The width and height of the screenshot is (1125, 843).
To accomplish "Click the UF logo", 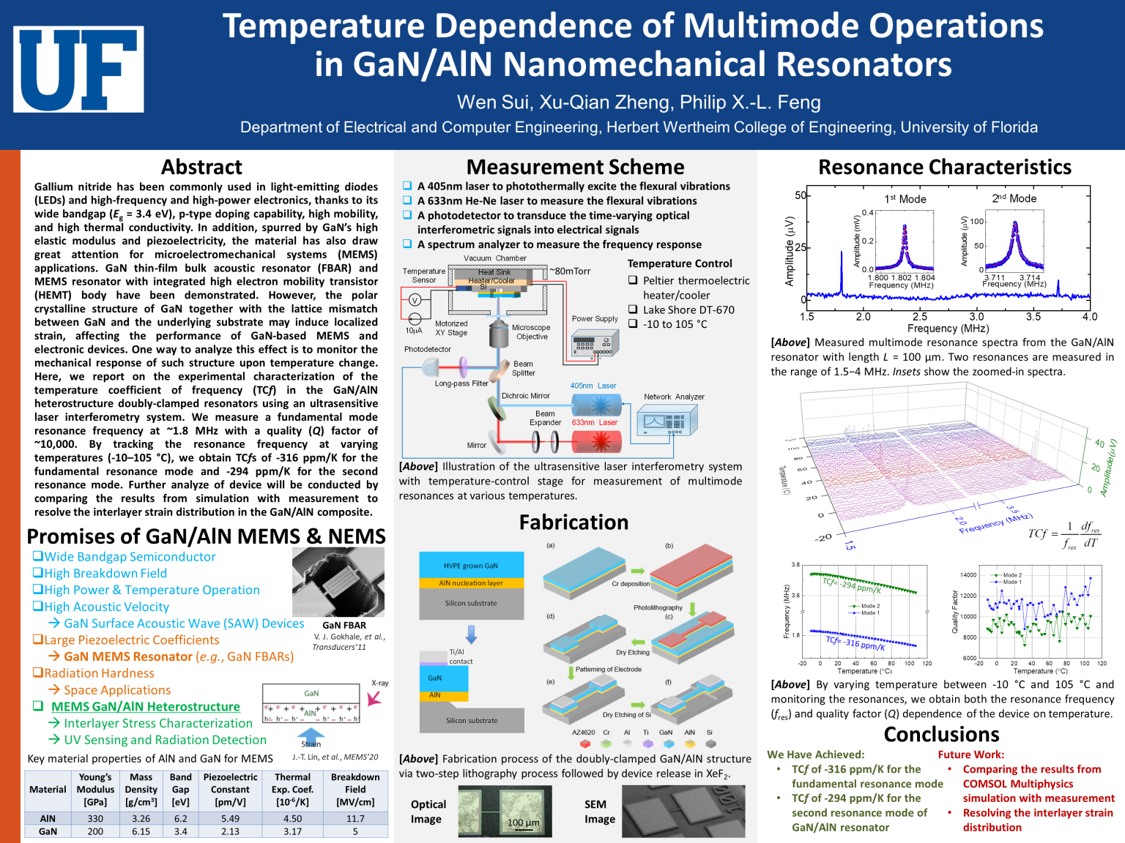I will (78, 70).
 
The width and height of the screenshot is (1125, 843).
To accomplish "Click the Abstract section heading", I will (201, 167).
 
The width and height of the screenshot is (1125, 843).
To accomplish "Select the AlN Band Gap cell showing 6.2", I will (180, 819).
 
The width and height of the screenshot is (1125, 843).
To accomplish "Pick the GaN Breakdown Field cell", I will (355, 831).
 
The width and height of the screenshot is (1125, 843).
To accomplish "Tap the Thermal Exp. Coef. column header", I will (292, 789).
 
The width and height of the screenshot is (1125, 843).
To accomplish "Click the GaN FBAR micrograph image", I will (338, 582).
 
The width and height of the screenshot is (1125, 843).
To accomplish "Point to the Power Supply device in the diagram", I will (594, 343).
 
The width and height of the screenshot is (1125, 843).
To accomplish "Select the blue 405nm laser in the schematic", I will (596, 404).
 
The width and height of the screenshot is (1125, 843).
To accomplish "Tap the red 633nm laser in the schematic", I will (596, 441).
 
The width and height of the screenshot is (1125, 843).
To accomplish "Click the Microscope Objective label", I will (531, 332).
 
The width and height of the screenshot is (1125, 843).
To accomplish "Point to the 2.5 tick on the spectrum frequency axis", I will (920, 317).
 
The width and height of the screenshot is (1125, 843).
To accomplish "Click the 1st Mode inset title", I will (905, 199).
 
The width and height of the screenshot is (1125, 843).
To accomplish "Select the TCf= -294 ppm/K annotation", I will (852, 585).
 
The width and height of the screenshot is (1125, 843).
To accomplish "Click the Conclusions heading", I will (941, 734).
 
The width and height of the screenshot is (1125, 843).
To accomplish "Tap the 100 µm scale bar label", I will (523, 823).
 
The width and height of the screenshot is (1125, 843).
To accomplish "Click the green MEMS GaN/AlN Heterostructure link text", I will (145, 706).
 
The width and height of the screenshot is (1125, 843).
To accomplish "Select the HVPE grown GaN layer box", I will (471, 565).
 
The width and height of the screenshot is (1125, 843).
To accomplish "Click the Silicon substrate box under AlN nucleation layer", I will (471, 604).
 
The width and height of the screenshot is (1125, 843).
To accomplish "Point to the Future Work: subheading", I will (970, 754).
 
